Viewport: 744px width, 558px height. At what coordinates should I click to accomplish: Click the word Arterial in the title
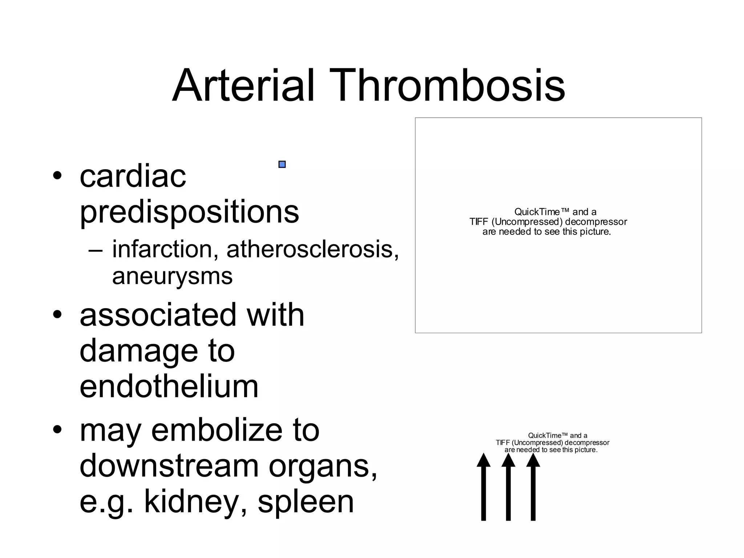[x=243, y=86]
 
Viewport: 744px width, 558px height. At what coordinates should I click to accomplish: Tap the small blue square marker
[x=282, y=165]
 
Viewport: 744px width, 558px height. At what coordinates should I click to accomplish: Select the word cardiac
[x=133, y=177]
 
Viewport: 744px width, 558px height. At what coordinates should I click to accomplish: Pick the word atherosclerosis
[x=312, y=250]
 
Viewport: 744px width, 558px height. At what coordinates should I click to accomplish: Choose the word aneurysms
[x=172, y=276]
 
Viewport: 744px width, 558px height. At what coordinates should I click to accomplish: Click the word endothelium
[x=169, y=387]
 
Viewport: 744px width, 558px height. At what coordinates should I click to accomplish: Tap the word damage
[x=138, y=351]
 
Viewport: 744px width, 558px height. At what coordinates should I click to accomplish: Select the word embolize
[x=217, y=430]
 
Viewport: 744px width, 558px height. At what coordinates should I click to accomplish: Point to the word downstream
[x=169, y=466]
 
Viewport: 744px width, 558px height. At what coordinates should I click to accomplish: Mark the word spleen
[x=306, y=501]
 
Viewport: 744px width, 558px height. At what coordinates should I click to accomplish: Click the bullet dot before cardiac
[x=57, y=176]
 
